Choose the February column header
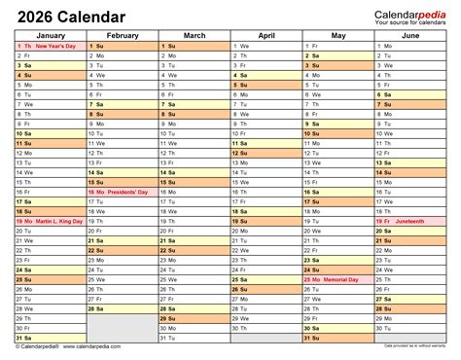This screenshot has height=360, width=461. click(x=123, y=36)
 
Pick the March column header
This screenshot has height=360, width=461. click(x=194, y=36)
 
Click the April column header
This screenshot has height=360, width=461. click(x=266, y=36)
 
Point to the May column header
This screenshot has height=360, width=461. click(x=337, y=36)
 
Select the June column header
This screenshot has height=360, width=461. click(x=409, y=36)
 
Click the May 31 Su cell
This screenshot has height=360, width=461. click(x=337, y=338)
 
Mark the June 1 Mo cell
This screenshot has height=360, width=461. click(x=409, y=46)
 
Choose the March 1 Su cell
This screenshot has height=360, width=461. click(x=194, y=46)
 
